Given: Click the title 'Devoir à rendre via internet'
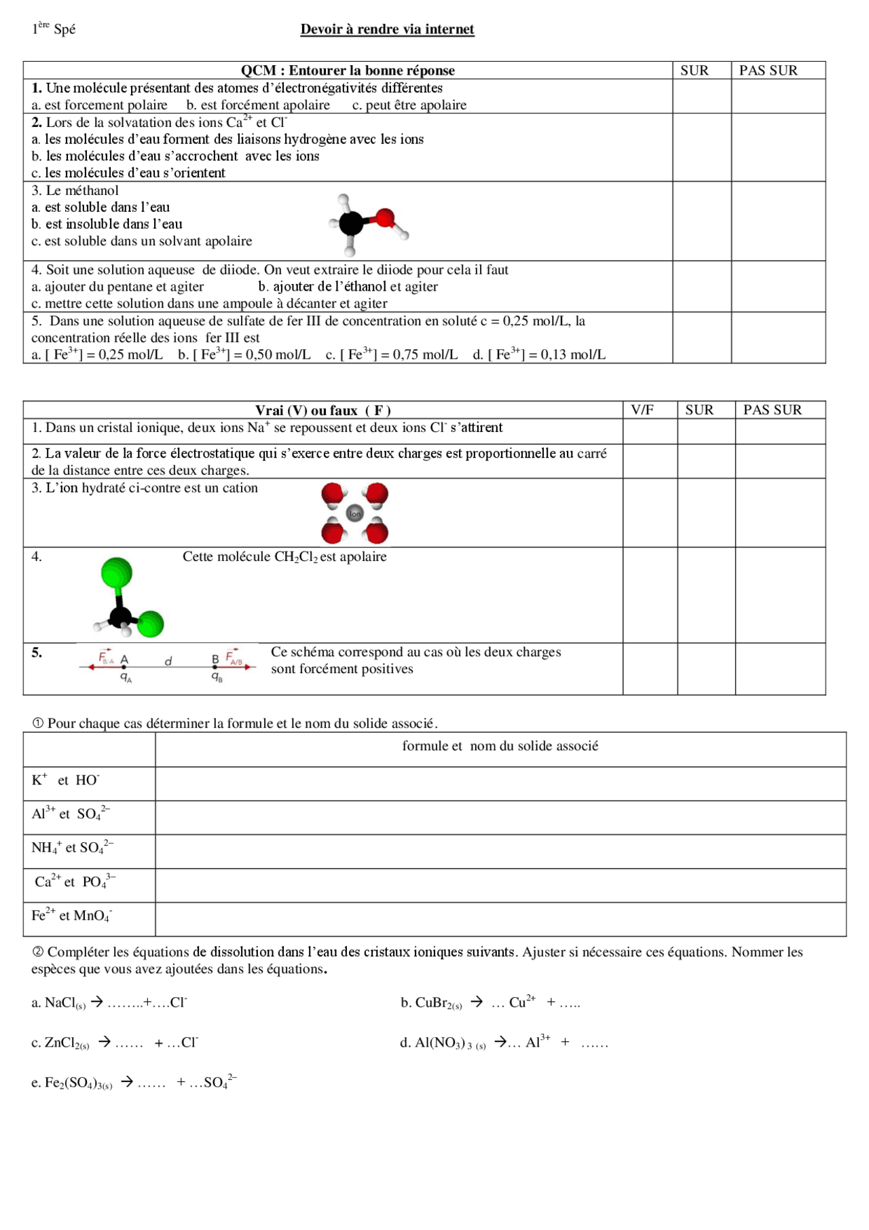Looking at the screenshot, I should click(x=387, y=29).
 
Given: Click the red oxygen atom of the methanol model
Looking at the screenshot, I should click(x=385, y=218).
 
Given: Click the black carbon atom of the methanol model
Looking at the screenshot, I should click(x=351, y=222).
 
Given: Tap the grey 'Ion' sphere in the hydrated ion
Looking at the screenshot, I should click(x=355, y=513).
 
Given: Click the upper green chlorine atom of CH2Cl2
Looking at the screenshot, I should click(x=117, y=572).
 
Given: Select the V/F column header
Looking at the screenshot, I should click(x=642, y=410).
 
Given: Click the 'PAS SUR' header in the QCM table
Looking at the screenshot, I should click(x=768, y=70).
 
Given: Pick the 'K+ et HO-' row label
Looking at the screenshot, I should click(x=65, y=780).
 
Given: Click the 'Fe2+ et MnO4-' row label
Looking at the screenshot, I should click(x=71, y=916).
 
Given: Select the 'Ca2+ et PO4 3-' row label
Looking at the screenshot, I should click(x=75, y=882).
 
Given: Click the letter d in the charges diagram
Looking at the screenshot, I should click(x=168, y=660).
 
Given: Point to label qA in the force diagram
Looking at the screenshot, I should click(x=126, y=677).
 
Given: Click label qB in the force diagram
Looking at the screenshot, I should click(x=217, y=677).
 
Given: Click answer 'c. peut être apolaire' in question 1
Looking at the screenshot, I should click(x=409, y=105).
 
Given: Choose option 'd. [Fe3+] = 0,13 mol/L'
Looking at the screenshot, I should click(x=539, y=354).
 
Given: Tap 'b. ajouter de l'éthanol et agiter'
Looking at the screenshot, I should click(x=348, y=287).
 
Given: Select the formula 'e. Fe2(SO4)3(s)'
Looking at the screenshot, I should click(x=72, y=1083).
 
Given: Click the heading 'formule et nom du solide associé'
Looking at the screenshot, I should click(x=500, y=746).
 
